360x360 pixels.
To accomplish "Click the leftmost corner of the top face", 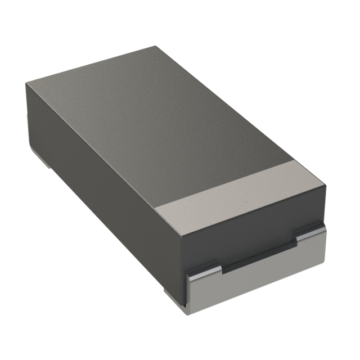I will (25, 83).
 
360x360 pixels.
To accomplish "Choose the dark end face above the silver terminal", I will (253, 236).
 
